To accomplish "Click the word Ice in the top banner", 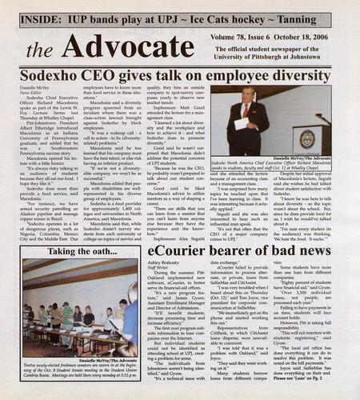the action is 219,17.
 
